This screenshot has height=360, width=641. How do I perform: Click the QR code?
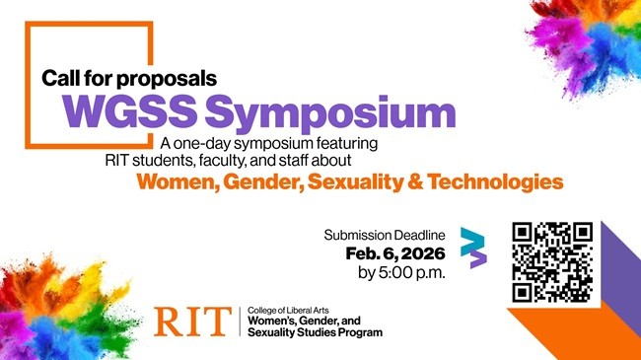[x=553, y=261]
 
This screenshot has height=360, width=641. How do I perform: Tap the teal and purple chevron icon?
[x=475, y=248]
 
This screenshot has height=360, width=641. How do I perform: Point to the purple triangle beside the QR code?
[x=616, y=266]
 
